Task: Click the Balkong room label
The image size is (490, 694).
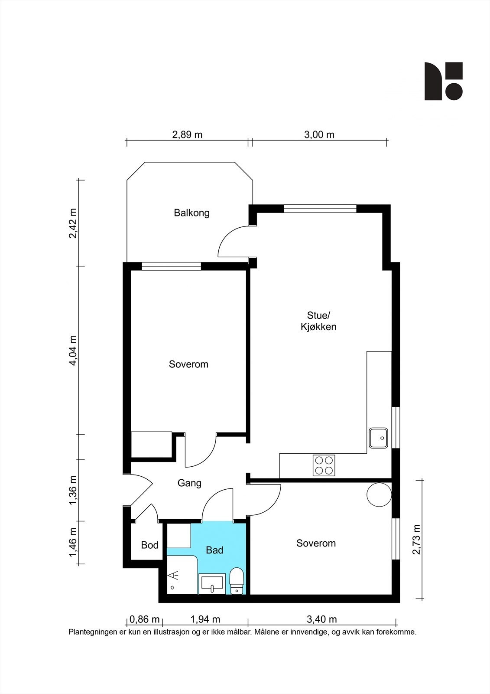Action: [191, 213]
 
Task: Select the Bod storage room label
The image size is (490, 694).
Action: [150, 545]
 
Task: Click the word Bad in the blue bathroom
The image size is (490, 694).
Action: [214, 550]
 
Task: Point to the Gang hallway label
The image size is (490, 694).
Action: [189, 483]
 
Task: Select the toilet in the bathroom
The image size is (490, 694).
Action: [237, 581]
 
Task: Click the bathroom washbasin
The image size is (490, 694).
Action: [212, 583]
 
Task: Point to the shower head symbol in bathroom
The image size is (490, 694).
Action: [173, 576]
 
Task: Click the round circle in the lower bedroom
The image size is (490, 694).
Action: [379, 494]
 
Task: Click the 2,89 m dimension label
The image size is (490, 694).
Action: [187, 134]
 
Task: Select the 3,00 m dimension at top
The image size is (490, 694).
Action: [319, 134]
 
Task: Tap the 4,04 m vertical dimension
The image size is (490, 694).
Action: [73, 350]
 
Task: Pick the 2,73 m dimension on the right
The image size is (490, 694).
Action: [416, 540]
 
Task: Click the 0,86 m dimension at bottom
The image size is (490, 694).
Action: [145, 619]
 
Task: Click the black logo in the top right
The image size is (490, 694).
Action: [443, 81]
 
